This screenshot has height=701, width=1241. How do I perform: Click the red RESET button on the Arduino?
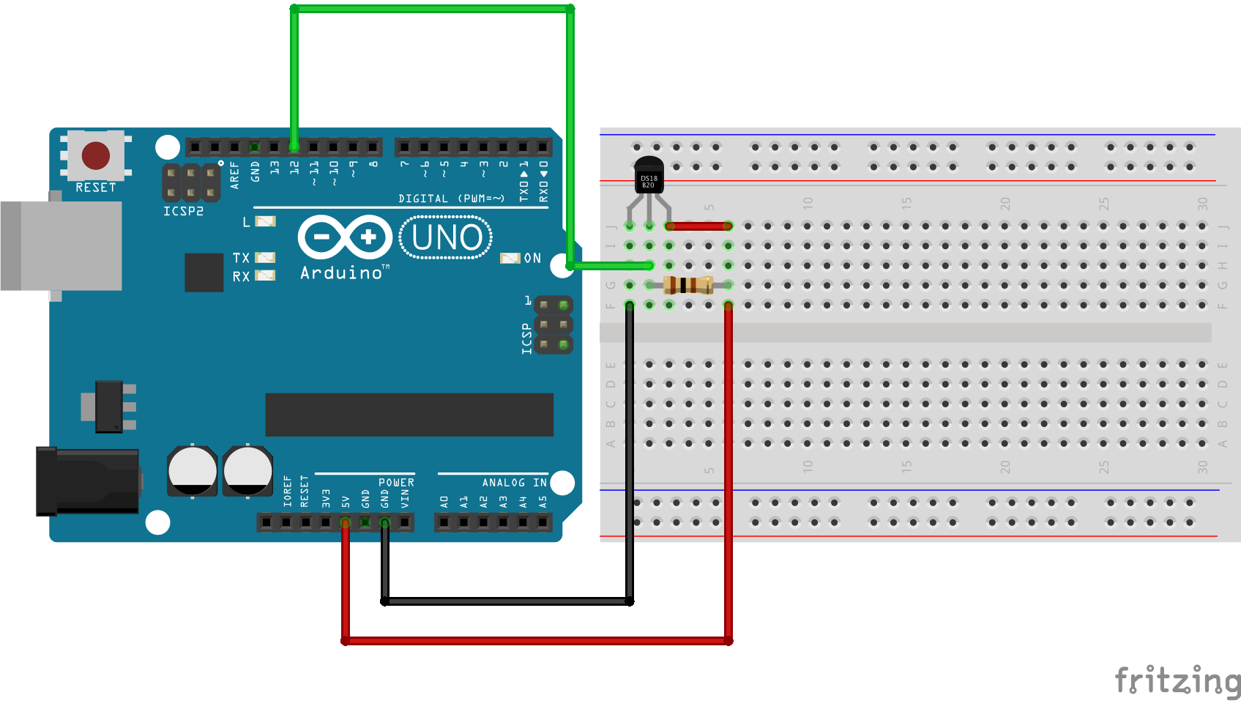click(x=96, y=155)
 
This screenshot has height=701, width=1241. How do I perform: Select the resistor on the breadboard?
click(x=688, y=285)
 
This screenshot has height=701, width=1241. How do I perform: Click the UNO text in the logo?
click(x=447, y=237)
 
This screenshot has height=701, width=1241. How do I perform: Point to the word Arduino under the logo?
click(x=341, y=273)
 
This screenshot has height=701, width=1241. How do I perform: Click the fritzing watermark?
click(x=1177, y=680)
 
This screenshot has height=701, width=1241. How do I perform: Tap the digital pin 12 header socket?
click(x=294, y=147)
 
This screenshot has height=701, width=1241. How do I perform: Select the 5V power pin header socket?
click(x=346, y=522)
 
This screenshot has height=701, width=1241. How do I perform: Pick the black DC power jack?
click(x=88, y=481)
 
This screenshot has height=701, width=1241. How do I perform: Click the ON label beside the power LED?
click(x=532, y=258)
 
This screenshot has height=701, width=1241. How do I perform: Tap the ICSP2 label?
click(x=183, y=211)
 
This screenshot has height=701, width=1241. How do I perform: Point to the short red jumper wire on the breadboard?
click(x=699, y=226)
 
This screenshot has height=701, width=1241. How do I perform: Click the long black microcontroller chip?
click(x=409, y=415)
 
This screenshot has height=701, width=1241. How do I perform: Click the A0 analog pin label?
click(x=444, y=502)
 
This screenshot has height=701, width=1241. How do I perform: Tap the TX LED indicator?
click(x=264, y=258)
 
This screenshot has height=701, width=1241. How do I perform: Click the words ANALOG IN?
click(x=514, y=483)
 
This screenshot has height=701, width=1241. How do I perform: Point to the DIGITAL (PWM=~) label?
click(x=451, y=199)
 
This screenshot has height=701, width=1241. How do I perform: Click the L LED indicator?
click(x=265, y=221)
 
